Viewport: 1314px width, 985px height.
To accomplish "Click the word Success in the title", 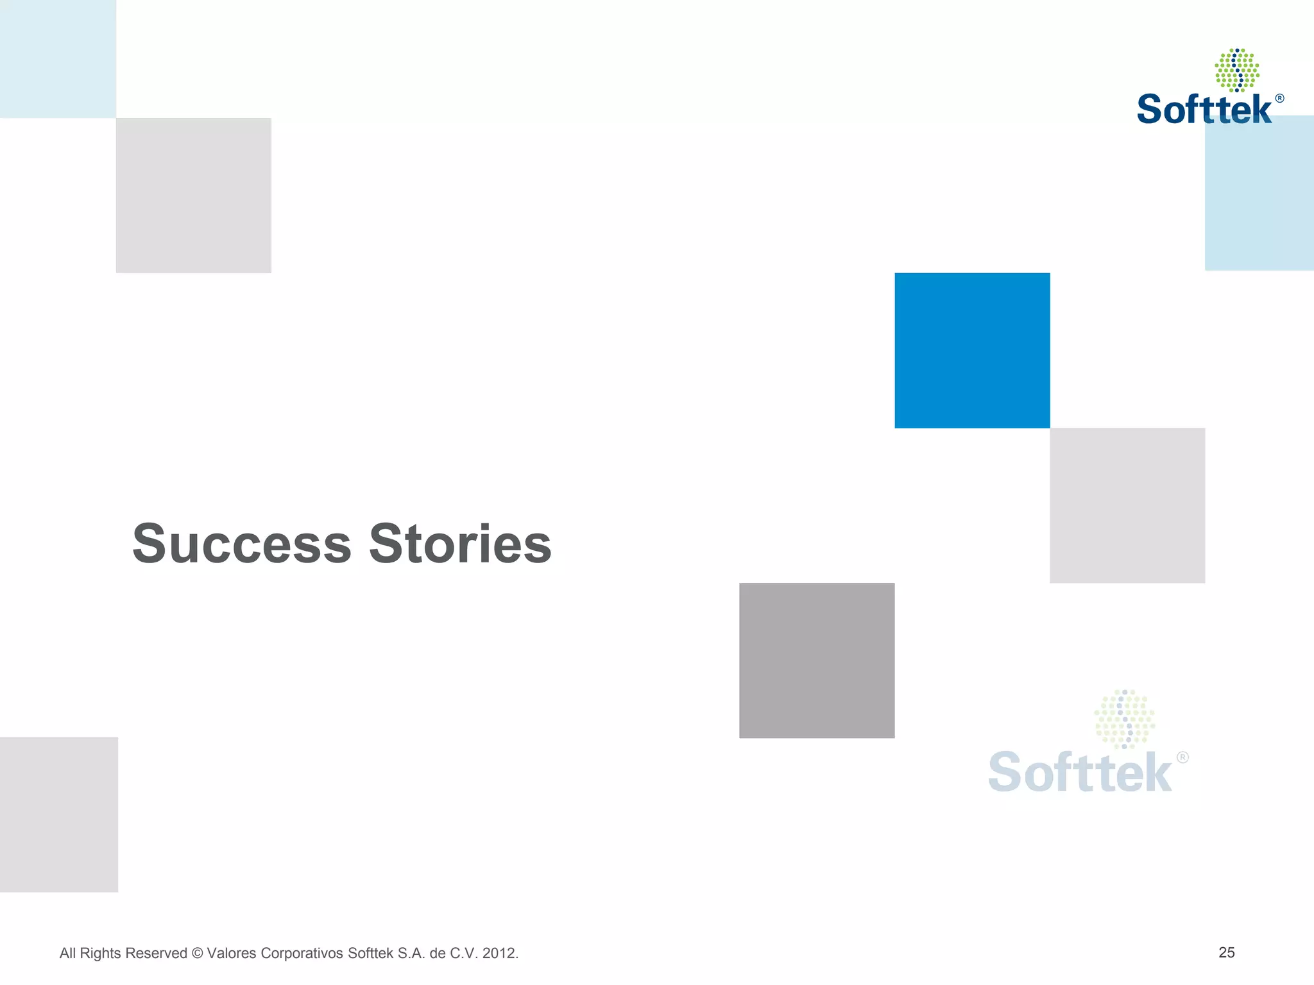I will pyautogui.click(x=242, y=544).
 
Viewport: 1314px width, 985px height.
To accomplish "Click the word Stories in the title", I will pyautogui.click(x=460, y=544).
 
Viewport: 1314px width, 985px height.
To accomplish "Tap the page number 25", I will pyautogui.click(x=1226, y=952).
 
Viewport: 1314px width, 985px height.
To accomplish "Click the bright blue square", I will pyautogui.click(x=972, y=350).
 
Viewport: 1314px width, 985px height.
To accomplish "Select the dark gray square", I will pyautogui.click(x=817, y=661).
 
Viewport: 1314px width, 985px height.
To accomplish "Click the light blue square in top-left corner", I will pyautogui.click(x=58, y=58).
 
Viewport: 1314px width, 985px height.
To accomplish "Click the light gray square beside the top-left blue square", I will pyautogui.click(x=193, y=196).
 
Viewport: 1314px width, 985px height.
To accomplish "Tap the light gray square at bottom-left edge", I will pyautogui.click(x=58, y=814).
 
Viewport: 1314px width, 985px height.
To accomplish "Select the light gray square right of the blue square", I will pyautogui.click(x=1127, y=505).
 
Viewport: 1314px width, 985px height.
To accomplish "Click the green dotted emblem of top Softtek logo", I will pyautogui.click(x=1236, y=70).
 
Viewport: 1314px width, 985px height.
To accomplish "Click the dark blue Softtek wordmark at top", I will pyautogui.click(x=1204, y=110).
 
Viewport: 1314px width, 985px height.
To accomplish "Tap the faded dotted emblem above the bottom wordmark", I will pyautogui.click(x=1124, y=719).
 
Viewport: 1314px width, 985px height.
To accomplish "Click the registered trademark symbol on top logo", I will pyautogui.click(x=1279, y=98).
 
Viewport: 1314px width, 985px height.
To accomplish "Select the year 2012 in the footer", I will pyautogui.click(x=499, y=954).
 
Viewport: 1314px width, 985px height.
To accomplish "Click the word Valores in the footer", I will pyautogui.click(x=230, y=954).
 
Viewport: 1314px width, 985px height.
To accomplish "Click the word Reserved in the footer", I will pyautogui.click(x=156, y=954).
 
